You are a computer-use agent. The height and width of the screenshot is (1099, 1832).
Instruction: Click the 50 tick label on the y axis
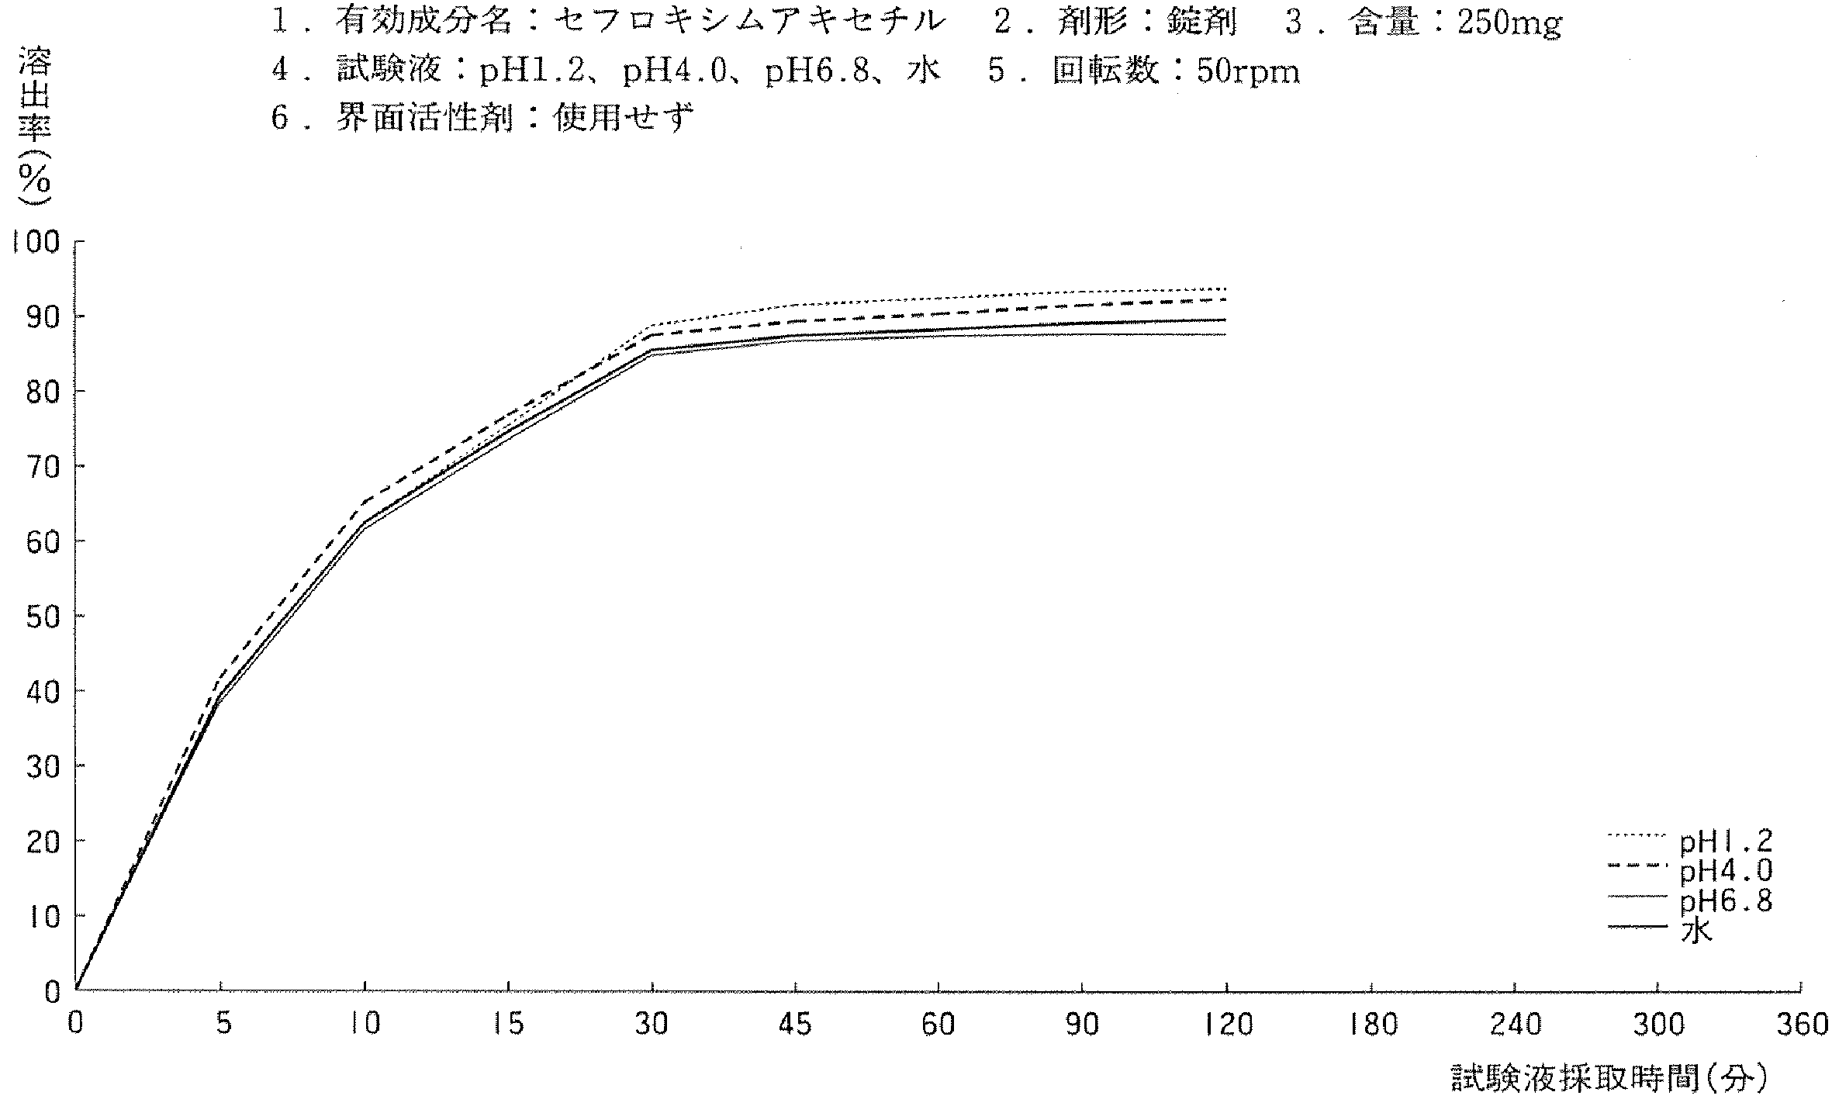tap(43, 617)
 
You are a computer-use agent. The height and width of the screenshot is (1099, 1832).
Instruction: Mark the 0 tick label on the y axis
tap(52, 992)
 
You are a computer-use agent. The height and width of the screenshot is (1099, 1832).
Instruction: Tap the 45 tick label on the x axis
tap(795, 1026)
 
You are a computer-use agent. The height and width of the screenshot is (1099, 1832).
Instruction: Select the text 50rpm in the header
tap(1248, 72)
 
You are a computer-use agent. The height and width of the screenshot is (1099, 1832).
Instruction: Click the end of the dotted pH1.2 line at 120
tap(1225, 289)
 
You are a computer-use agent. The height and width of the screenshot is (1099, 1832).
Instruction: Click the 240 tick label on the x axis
tap(1516, 1026)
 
